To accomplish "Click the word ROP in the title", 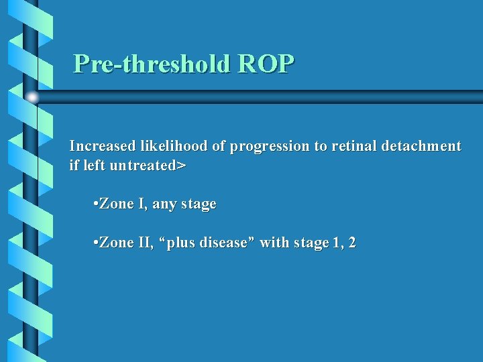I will tap(266, 64).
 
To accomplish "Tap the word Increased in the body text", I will tap(103, 146).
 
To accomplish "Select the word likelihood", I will tap(174, 146).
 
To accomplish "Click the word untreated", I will tap(139, 165).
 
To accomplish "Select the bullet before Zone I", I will tap(97, 204).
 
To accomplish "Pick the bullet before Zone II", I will tap(97, 243).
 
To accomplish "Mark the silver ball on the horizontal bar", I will tap(32, 97).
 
